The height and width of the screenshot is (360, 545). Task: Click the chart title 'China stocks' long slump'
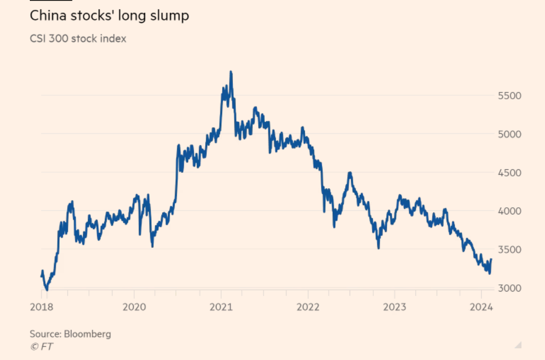[109, 16]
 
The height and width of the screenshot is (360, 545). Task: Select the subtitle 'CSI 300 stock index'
[78, 39]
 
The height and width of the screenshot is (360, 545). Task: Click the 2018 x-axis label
[42, 308]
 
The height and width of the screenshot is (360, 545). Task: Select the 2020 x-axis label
[134, 308]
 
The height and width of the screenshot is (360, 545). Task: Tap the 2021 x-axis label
[221, 308]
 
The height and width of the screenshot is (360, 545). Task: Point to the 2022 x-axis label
[307, 308]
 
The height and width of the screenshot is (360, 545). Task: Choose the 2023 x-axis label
[394, 308]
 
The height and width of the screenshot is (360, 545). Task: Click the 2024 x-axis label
[482, 308]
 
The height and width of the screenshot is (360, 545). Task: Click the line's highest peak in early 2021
[231, 72]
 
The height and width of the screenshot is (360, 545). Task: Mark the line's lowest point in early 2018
[47, 290]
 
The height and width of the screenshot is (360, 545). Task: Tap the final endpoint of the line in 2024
[491, 260]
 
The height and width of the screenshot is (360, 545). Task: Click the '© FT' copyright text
[41, 347]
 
